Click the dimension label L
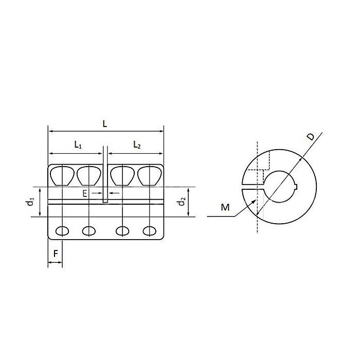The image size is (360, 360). coord(104,123)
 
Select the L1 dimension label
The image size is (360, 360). coord(78,146)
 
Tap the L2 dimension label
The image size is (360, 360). coord(136,146)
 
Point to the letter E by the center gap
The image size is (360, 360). coord(85,193)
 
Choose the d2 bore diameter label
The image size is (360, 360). coord(181,202)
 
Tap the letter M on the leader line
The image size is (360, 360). coord(225,207)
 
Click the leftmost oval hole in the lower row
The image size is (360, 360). coord(62,230)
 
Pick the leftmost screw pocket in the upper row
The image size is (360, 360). coord(62,176)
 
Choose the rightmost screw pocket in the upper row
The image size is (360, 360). coord(150,176)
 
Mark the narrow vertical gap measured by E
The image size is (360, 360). coord(105,177)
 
